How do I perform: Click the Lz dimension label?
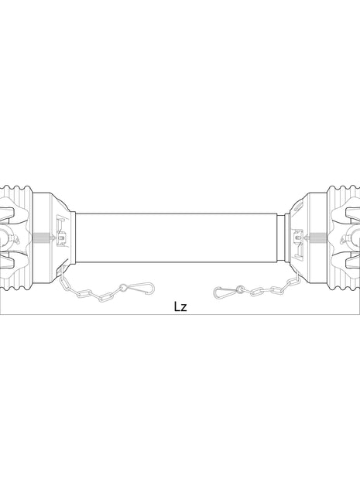(180, 306)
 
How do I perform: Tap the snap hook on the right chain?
(225, 292)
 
